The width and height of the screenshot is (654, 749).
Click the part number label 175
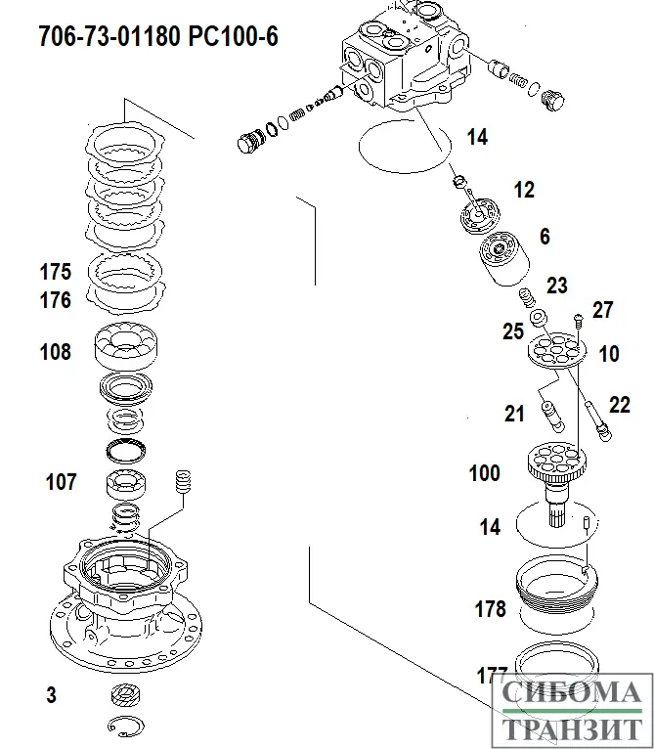tap(56, 272)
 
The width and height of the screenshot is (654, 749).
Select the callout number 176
tap(56, 300)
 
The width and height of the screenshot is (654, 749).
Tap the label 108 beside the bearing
tap(56, 352)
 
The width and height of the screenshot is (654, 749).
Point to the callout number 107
tap(61, 482)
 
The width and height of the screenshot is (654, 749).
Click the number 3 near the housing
tap(51, 695)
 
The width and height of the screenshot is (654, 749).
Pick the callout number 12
tap(524, 190)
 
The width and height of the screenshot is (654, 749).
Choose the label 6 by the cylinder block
tap(545, 236)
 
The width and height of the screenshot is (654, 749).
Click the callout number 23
tap(557, 286)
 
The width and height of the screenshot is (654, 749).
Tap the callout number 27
tap(602, 310)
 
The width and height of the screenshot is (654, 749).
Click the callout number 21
tap(515, 414)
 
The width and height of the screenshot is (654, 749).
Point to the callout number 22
tap(620, 404)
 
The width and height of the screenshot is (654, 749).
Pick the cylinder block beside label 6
tap(506, 262)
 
